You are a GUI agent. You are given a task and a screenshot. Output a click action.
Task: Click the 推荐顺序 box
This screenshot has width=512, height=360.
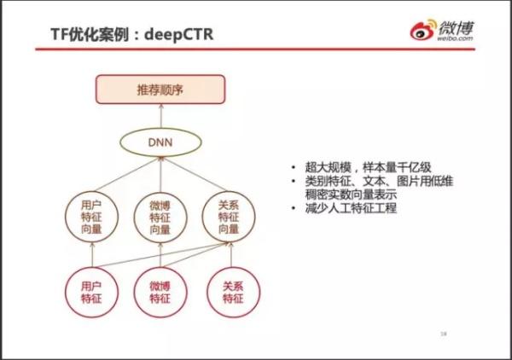[160, 90]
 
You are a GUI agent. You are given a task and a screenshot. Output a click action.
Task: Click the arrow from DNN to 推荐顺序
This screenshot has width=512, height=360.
[160, 116]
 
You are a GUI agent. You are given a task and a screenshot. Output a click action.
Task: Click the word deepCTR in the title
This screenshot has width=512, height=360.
[178, 34]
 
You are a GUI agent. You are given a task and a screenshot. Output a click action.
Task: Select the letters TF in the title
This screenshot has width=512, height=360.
[60, 34]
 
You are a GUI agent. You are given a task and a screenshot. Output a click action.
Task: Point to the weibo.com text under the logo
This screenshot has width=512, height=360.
[455, 38]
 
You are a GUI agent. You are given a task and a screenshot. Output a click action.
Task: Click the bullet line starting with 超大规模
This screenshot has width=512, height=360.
[368, 167]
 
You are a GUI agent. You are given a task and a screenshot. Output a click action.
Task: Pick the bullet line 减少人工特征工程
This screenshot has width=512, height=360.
[351, 208]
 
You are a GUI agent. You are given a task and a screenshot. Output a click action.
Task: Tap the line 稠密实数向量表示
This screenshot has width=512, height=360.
[351, 195]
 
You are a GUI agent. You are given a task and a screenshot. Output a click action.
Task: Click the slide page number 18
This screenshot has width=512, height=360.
[444, 334]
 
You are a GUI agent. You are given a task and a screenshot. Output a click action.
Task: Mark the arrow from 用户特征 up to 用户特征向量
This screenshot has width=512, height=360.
[92, 254]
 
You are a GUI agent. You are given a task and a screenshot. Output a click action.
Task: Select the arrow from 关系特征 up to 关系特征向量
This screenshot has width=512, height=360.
[231, 254]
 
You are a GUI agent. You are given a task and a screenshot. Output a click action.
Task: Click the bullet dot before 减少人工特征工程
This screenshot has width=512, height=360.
[294, 208]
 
